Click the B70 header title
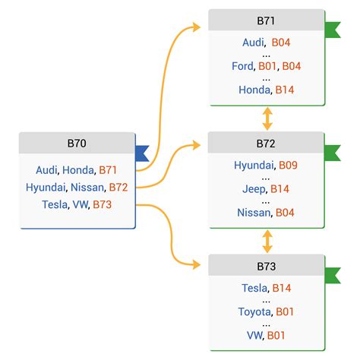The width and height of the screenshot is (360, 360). coord(77,143)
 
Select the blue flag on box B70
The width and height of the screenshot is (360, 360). coord(141,153)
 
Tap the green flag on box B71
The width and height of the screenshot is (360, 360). coord(333,30)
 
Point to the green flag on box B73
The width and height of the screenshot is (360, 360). coord(333,276)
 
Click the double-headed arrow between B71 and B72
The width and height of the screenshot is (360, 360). coord(267,118)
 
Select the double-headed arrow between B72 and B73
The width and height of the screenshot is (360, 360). coord(267,242)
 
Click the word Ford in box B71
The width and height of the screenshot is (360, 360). coord(243,66)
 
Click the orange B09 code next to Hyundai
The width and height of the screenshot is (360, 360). coord(289,164)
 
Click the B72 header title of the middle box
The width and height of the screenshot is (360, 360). coord(266,142)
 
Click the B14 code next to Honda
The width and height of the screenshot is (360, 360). coord(284,90)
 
